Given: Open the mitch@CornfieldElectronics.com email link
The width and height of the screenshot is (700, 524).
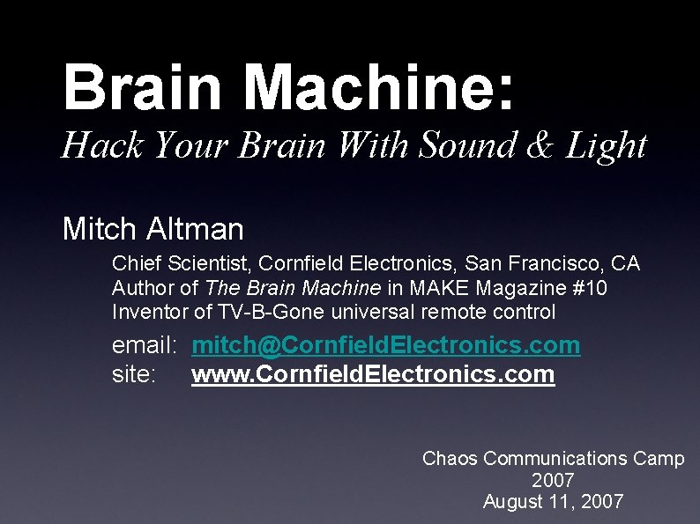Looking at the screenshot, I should tap(386, 345).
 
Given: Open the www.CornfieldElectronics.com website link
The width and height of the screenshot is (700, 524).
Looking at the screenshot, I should tap(373, 374).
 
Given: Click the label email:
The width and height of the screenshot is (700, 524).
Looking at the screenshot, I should tap(145, 345).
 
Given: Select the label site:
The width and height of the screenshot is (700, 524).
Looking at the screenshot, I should tap(134, 374).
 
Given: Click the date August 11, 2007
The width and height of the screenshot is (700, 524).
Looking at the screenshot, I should tap(554, 502).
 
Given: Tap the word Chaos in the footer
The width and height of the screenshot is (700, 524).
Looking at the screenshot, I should tap(451, 458).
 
